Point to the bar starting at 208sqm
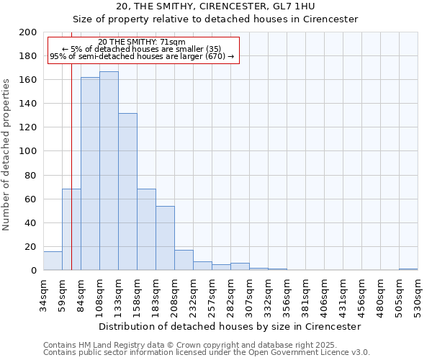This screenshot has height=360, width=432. [x=184, y=260]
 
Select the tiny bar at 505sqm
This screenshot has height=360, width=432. [x=408, y=269]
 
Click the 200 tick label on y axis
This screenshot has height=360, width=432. [x=28, y=32]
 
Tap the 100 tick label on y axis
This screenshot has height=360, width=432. [x=28, y=151]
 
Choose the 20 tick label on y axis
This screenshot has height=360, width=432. [x=31, y=246]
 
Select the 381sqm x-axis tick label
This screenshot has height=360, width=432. [x=305, y=294]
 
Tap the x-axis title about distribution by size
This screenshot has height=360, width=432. [x=229, y=326]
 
